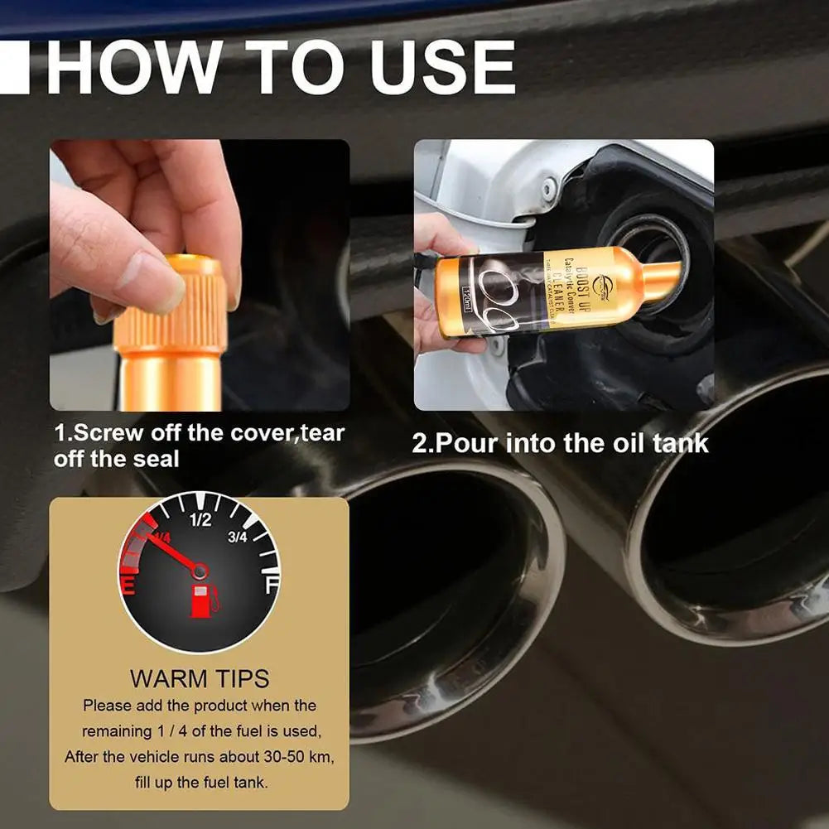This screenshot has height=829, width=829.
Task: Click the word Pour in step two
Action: (x=467, y=442)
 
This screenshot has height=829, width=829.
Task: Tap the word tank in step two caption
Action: (x=680, y=442)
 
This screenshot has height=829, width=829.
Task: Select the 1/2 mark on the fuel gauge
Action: (x=200, y=520)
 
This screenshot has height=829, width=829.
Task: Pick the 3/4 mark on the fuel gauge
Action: (x=238, y=537)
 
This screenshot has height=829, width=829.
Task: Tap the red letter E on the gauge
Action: (x=128, y=586)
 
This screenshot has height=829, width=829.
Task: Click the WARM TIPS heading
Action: (x=199, y=679)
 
